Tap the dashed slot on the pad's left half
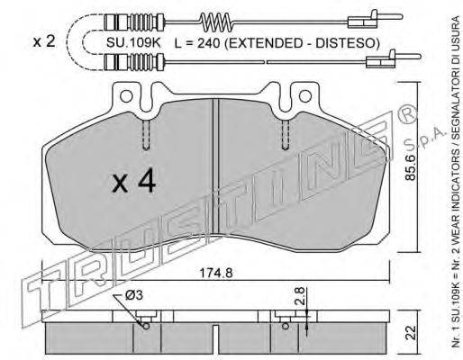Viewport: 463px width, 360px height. [x=144, y=135]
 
